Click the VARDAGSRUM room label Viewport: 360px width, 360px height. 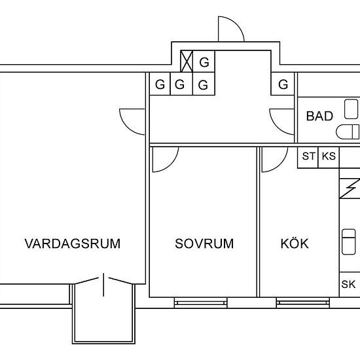point(73,243)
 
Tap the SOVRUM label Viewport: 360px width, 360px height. point(204,243)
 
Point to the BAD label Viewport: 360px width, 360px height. point(319,116)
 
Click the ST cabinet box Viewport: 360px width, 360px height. point(308,158)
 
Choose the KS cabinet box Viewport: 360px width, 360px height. point(329,158)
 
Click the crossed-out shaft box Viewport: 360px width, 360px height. point(187,62)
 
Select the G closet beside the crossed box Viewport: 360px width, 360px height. point(204,62)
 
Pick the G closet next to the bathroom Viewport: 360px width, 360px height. point(283,84)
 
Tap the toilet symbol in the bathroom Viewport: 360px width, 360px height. point(348,132)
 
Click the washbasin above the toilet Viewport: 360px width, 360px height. point(351,109)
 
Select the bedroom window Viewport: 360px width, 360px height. point(200,302)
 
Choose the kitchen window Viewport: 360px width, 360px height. point(303,302)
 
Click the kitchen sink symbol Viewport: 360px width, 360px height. point(349,242)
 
